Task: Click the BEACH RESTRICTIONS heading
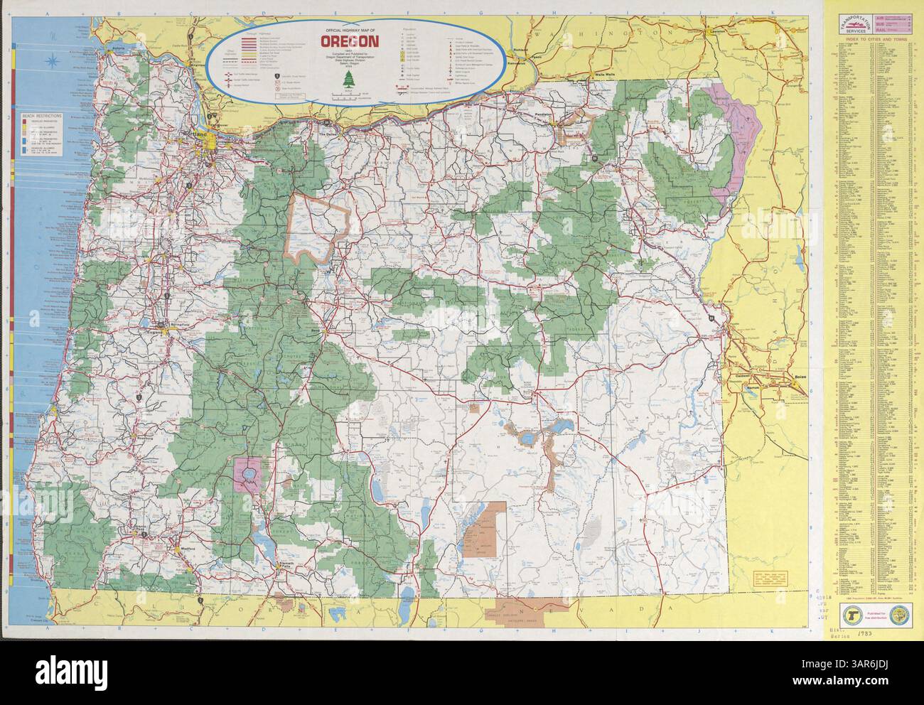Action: [41, 114]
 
